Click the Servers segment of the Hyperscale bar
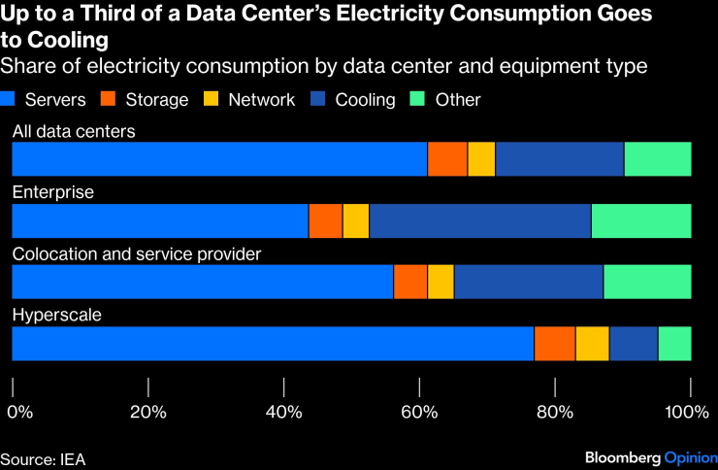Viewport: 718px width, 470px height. point(272,344)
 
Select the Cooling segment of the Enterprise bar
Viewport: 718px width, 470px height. point(479,220)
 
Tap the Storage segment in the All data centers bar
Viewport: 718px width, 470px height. point(447,158)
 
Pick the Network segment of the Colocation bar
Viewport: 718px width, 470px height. point(441,282)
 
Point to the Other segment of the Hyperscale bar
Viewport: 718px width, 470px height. point(674,344)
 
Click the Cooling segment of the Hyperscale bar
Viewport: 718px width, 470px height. point(634,344)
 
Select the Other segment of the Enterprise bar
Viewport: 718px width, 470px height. point(641,220)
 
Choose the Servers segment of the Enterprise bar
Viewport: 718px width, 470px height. point(159,220)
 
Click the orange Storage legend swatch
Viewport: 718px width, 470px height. point(109,100)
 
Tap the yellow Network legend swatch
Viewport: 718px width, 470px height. point(211,100)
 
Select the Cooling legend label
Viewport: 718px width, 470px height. point(365,100)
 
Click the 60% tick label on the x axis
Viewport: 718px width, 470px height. point(418,411)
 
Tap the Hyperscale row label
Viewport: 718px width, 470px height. point(57,316)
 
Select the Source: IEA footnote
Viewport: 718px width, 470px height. point(44,456)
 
